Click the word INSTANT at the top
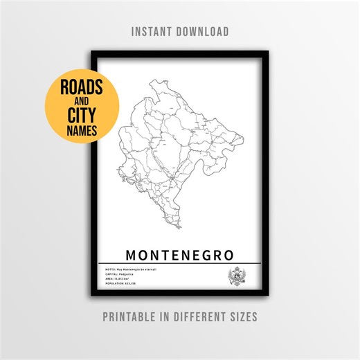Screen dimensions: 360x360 click(154, 32)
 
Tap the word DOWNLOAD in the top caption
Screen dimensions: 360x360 click(204, 32)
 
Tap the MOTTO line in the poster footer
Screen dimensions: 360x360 click(132, 268)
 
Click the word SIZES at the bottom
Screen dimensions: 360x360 click(244, 316)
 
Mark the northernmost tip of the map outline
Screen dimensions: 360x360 click(152, 80)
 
